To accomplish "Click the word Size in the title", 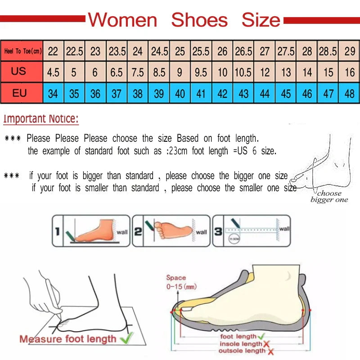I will tap(261, 20).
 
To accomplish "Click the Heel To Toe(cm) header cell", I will tap(22, 51).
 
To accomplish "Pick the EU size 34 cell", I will tap(53, 94).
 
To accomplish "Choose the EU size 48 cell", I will tap(350, 94).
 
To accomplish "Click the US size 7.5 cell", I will tap(138, 72).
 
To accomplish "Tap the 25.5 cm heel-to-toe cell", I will tap(201, 51).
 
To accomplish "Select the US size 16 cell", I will tap(350, 72).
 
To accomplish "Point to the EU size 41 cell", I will tap(201, 94).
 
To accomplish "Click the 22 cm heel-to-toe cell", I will tap(53, 51).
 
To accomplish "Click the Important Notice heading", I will tap(41, 119).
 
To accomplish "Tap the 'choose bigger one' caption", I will tap(329, 197).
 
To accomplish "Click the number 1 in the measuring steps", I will tap(57, 231).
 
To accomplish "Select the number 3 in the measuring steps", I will tap(218, 231).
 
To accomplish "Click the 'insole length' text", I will tap(240, 344).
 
